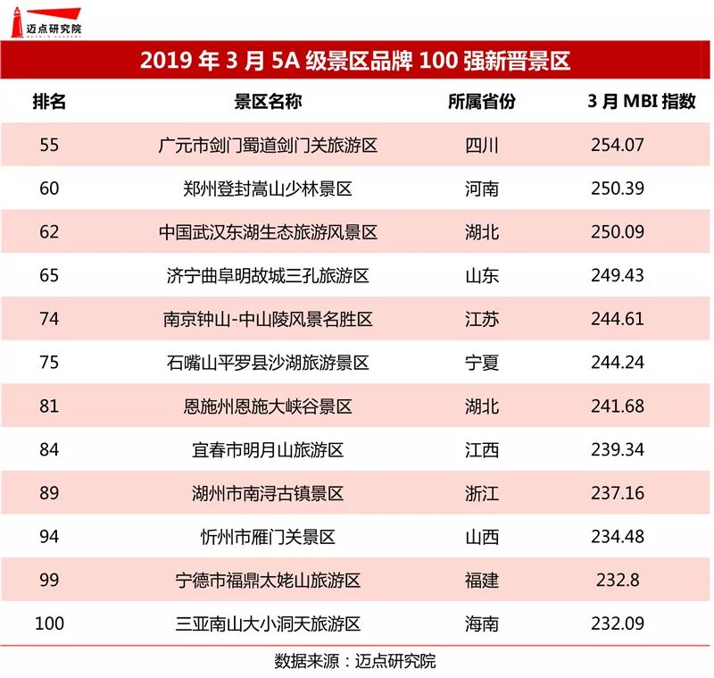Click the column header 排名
point(49,101)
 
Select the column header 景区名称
point(268,101)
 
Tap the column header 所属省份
point(482,101)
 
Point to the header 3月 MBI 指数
point(642,101)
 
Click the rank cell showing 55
point(49,145)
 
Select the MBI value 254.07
point(618,145)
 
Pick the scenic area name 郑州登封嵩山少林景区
point(268,188)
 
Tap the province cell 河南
point(482,188)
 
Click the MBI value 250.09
point(618,232)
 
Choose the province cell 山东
point(482,276)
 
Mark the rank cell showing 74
point(49,319)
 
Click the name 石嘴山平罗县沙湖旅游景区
point(268,363)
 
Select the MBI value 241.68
point(618,406)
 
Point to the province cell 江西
point(482,450)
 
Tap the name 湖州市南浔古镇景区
point(268,493)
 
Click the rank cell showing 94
point(49,536)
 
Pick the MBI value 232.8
point(618,580)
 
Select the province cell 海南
point(482,624)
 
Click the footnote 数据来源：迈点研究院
point(355,661)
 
